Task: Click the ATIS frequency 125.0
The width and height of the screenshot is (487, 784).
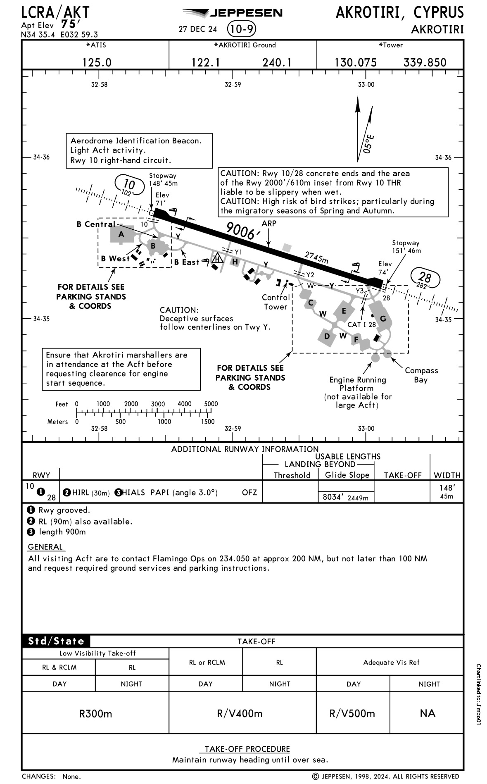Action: coord(97,62)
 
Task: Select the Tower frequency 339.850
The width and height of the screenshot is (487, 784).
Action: coord(425,62)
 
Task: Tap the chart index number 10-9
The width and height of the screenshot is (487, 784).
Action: coord(242,29)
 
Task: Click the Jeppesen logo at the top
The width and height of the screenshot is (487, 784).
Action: coord(233,13)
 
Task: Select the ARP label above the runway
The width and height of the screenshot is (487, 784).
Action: coord(269,223)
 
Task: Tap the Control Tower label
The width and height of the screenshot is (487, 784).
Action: coord(276,302)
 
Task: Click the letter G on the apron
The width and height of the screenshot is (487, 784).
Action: coord(383,319)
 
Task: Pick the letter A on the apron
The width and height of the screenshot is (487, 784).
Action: coord(121,234)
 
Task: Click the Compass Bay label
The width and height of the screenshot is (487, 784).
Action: coord(421,375)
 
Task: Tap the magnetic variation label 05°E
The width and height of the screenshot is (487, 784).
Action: coord(369,143)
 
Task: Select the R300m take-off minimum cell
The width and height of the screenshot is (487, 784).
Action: coord(95,713)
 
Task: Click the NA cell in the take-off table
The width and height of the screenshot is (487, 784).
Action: coord(427,713)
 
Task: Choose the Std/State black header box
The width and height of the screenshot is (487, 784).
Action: coord(56,641)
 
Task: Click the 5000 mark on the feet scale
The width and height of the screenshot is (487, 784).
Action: coord(211,404)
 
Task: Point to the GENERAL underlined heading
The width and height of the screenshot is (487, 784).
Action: coord(45,547)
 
